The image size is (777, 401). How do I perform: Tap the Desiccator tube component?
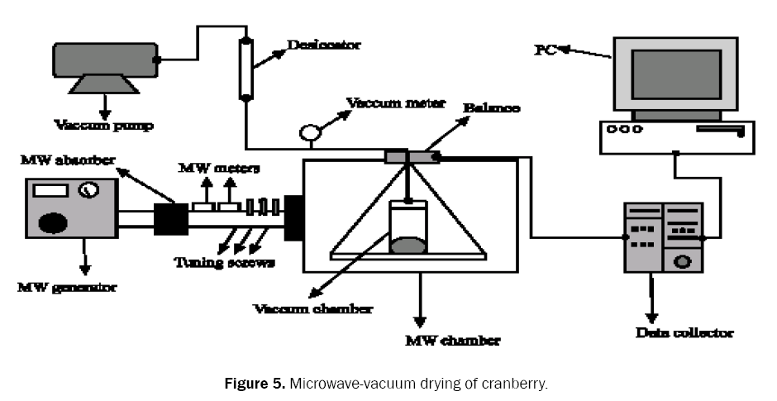[x=245, y=68]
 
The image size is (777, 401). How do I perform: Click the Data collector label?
[x=685, y=332]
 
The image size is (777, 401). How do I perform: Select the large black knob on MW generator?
[x=54, y=222]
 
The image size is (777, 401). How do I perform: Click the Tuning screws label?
[x=224, y=262]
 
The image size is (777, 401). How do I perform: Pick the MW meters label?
[x=220, y=168]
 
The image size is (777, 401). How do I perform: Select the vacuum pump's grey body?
[x=104, y=59]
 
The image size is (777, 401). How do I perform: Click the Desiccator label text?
[x=323, y=46]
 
